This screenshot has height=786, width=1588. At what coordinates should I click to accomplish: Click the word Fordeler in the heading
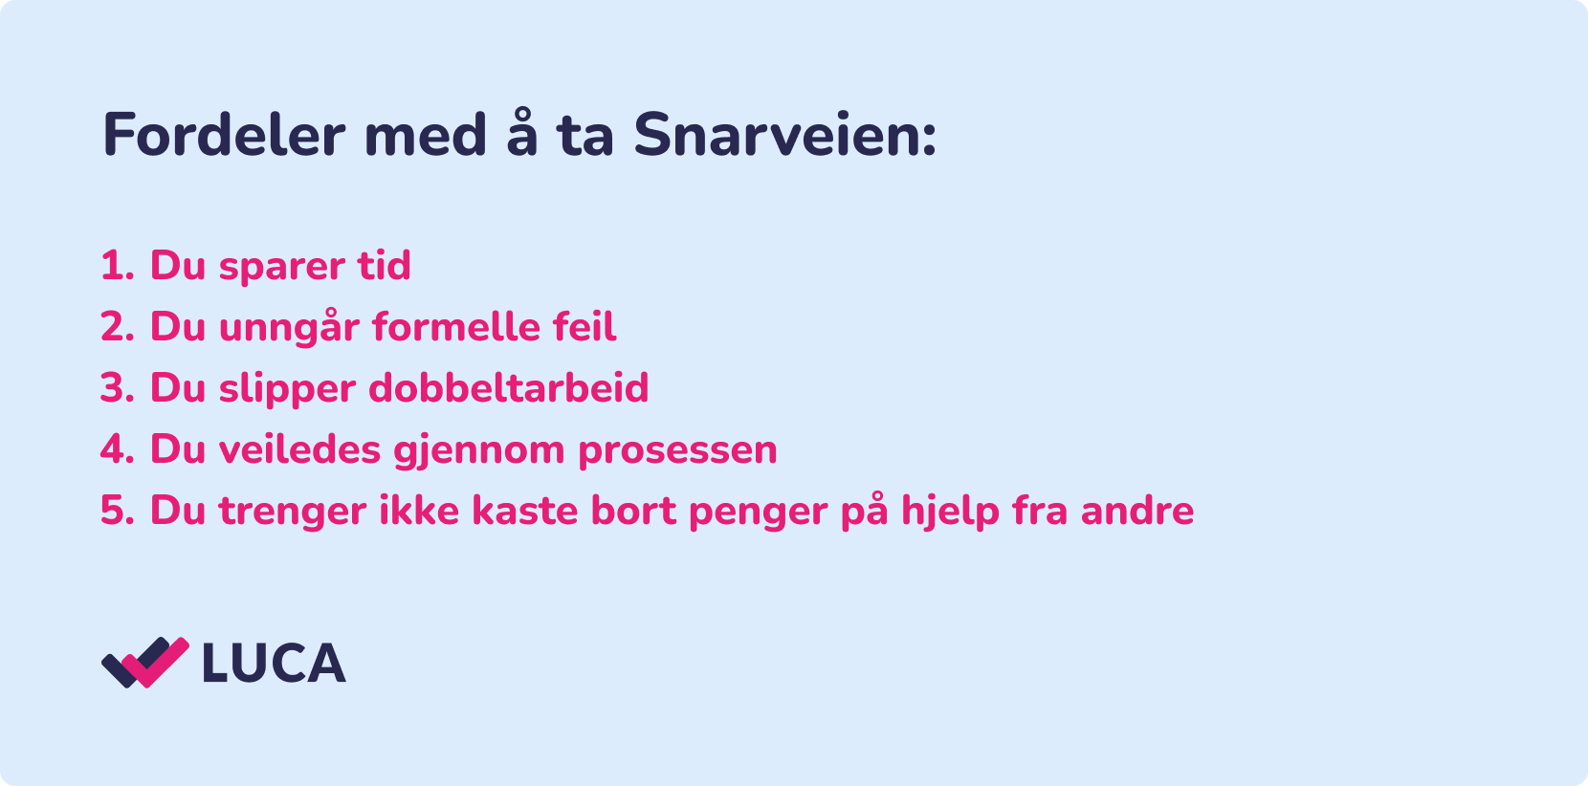(224, 135)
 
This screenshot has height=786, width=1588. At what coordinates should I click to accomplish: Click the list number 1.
(117, 266)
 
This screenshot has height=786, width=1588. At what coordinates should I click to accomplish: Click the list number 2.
(117, 327)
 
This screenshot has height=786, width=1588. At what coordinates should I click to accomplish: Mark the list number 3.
(117, 388)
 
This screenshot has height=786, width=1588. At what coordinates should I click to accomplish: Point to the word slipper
(287, 391)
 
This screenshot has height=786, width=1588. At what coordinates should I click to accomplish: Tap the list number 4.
(117, 450)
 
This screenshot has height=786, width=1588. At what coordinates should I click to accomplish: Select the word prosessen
(677, 453)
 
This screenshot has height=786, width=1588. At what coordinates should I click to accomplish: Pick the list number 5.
(117, 511)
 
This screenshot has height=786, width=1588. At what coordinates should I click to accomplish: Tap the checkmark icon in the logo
(145, 662)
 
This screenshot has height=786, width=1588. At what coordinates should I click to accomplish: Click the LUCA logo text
(275, 664)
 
